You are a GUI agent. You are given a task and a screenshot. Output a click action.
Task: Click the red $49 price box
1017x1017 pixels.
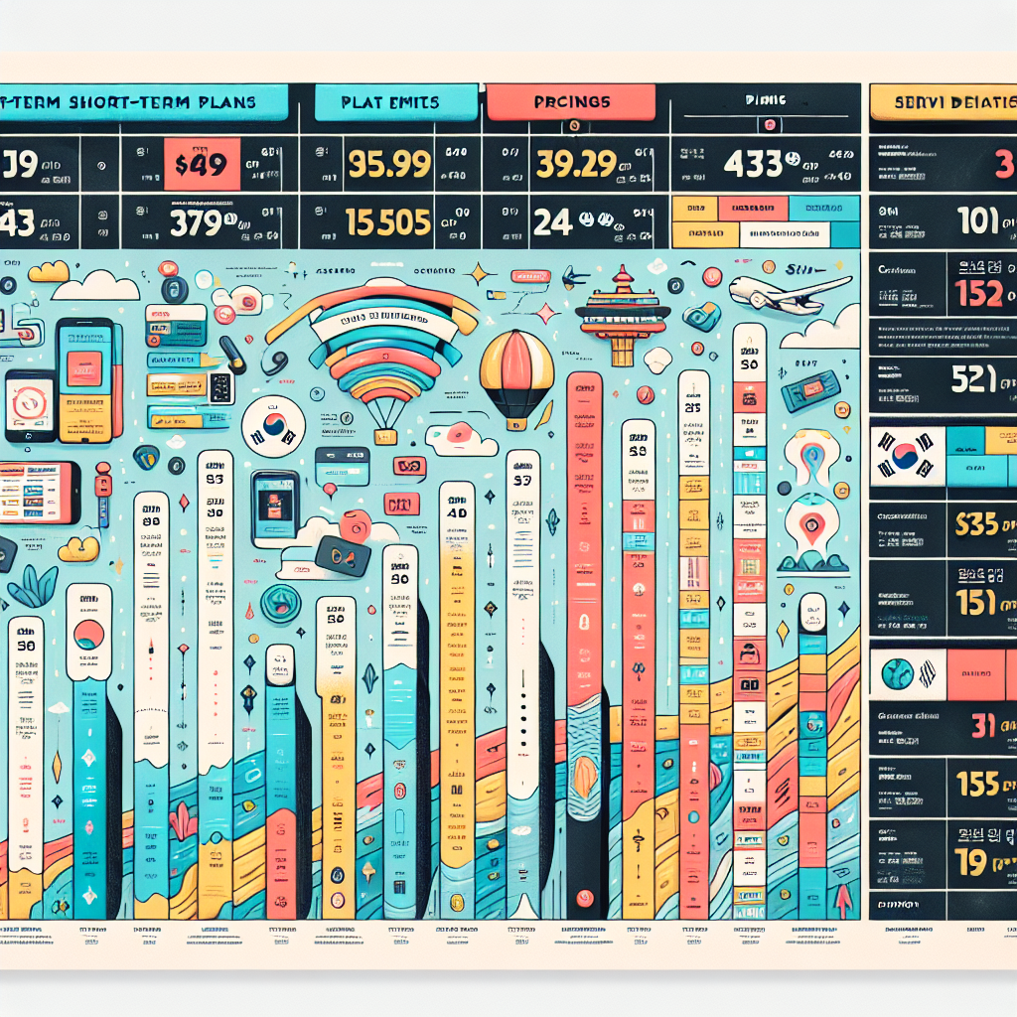pyautogui.click(x=201, y=164)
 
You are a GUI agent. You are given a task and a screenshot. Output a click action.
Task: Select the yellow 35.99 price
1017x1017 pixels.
pyautogui.click(x=388, y=163)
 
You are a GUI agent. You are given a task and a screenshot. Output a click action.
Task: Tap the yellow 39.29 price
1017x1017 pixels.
pyautogui.click(x=576, y=163)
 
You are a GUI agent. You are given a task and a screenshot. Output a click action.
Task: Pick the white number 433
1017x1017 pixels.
pyautogui.click(x=753, y=163)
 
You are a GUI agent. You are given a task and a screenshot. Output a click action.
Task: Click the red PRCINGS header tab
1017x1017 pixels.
pyautogui.click(x=571, y=102)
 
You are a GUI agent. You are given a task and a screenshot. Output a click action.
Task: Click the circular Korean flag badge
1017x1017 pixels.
pyautogui.click(x=273, y=426)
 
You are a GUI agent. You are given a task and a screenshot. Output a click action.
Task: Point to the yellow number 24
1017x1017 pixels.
pyautogui.click(x=552, y=221)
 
